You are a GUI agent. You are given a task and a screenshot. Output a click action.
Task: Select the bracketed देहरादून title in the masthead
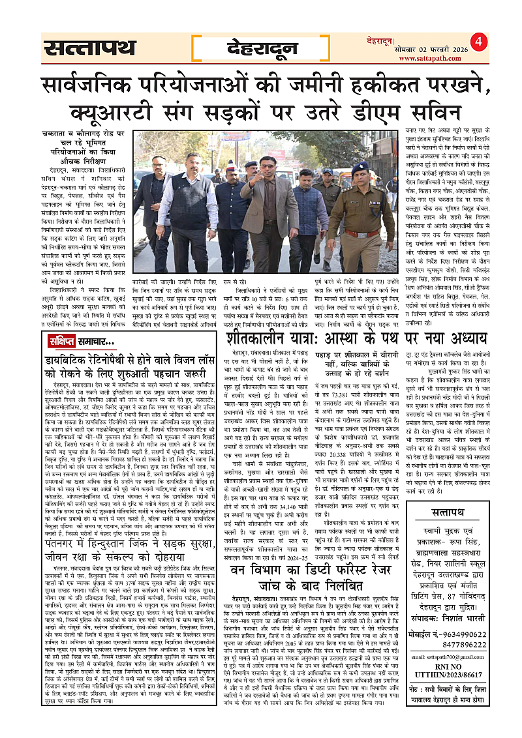261,48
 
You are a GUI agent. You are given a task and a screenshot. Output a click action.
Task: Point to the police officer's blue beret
360,168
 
